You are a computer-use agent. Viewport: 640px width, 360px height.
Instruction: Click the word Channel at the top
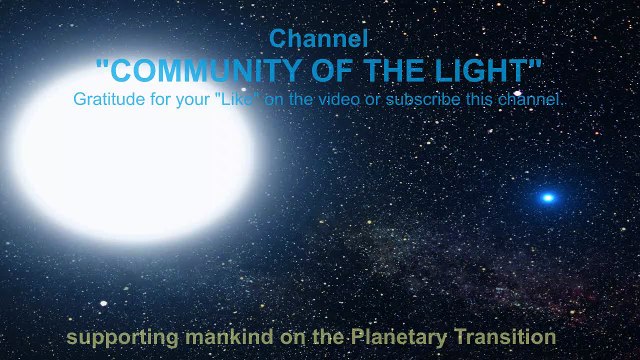(319, 39)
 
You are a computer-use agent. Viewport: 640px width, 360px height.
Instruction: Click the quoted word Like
(238, 99)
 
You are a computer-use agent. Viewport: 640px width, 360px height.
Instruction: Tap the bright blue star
(547, 197)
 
